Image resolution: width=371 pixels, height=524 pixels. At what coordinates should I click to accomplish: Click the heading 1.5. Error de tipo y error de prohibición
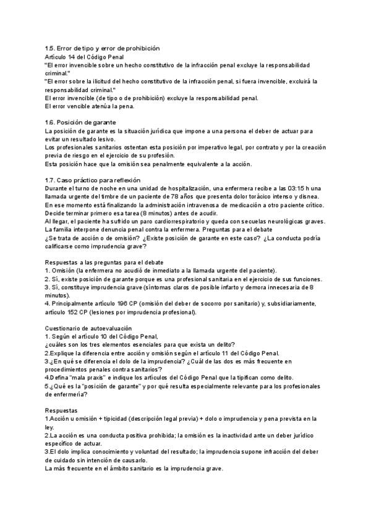pos(102,48)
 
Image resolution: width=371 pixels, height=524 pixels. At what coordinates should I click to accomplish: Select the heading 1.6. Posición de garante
pos(80,122)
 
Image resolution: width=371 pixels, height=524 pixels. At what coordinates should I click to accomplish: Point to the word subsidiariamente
pos(284,303)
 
